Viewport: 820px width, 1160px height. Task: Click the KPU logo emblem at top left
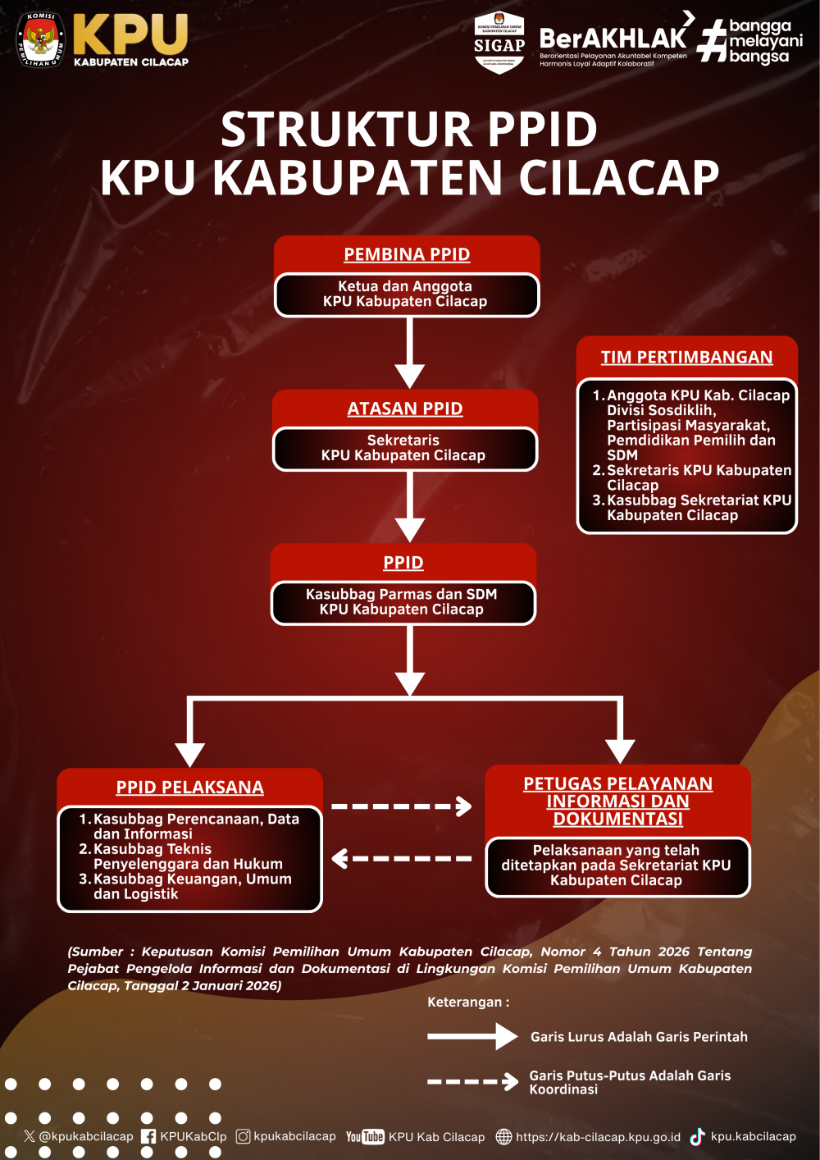tap(41, 39)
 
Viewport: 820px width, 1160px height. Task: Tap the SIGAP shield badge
tap(499, 43)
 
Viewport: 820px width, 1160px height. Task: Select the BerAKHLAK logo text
tap(613, 38)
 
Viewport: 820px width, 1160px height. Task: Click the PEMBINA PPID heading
tap(407, 254)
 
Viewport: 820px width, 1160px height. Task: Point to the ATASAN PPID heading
tap(405, 409)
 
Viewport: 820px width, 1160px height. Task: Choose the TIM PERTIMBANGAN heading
tap(686, 357)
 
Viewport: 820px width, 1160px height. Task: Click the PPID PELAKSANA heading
tap(189, 788)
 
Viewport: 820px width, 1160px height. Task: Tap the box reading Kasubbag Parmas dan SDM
tap(402, 602)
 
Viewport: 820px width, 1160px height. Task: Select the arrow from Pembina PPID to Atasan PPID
tap(409, 353)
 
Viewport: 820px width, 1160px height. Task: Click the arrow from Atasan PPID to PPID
tap(409, 507)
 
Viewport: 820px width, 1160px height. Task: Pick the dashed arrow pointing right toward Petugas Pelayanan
tap(401, 806)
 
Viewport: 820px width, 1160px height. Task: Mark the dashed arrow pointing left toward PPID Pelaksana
tap(401, 859)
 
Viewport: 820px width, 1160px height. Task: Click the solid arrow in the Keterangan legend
tap(471, 1037)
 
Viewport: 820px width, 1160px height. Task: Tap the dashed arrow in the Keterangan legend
tap(472, 1082)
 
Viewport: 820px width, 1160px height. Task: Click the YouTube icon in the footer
tap(365, 1137)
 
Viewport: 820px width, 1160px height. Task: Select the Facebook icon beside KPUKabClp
tap(148, 1137)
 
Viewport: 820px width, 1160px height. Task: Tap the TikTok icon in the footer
tap(698, 1137)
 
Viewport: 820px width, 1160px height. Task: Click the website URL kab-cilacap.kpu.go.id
tap(598, 1137)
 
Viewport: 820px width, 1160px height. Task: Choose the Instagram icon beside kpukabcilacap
tap(244, 1136)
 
